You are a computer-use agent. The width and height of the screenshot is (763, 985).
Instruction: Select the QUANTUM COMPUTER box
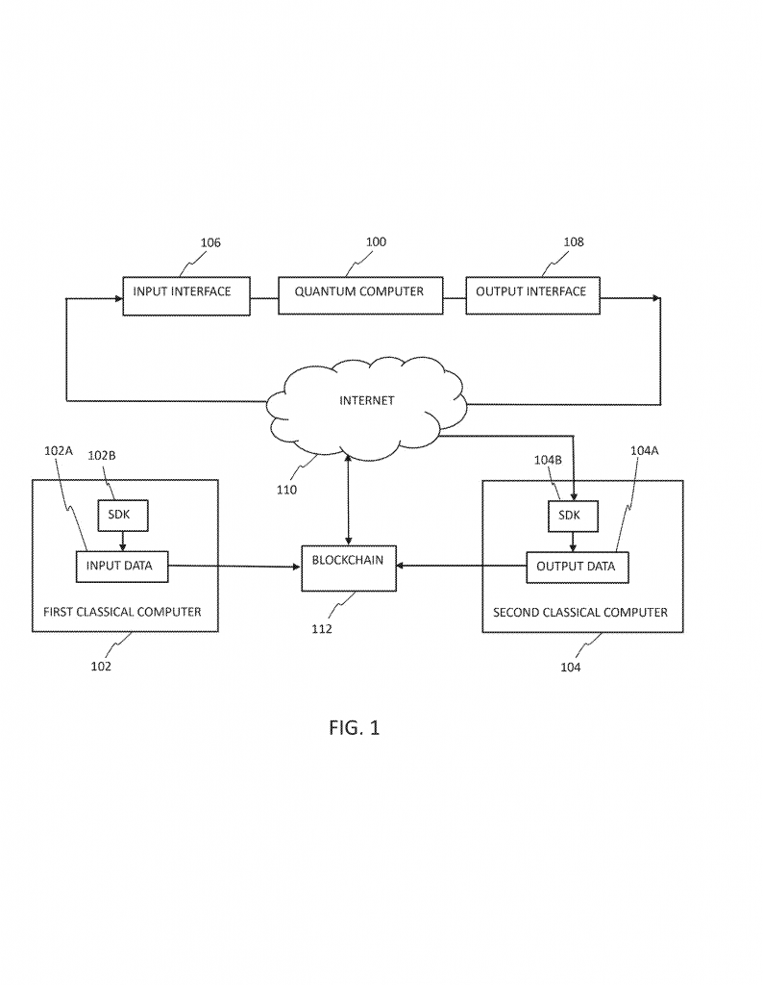(x=360, y=293)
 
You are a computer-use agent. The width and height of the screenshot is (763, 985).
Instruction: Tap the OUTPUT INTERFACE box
(x=531, y=293)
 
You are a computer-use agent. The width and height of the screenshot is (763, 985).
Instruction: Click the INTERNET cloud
(x=366, y=403)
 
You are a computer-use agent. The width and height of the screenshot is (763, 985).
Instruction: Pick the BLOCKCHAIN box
(x=348, y=568)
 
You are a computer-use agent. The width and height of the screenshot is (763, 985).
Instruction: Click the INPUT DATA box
(x=121, y=566)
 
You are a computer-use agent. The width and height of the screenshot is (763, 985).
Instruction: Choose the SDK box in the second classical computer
(x=573, y=516)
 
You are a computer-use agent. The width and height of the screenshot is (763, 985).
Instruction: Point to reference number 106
(x=210, y=242)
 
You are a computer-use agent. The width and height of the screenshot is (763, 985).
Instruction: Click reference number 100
(x=376, y=241)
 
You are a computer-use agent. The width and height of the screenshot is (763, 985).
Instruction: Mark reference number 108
(x=574, y=242)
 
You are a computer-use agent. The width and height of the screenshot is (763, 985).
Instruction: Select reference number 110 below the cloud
(x=286, y=489)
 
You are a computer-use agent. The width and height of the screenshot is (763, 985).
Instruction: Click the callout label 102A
(x=58, y=449)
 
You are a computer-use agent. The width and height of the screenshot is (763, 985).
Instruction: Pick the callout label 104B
(x=547, y=460)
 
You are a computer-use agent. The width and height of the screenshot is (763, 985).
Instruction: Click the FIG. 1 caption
(x=354, y=728)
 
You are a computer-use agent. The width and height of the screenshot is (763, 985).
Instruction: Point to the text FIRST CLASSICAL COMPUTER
(x=123, y=612)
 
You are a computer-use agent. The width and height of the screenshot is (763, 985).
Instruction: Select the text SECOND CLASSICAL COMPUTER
(x=580, y=612)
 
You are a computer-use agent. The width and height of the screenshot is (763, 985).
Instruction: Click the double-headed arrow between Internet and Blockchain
(x=348, y=501)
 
